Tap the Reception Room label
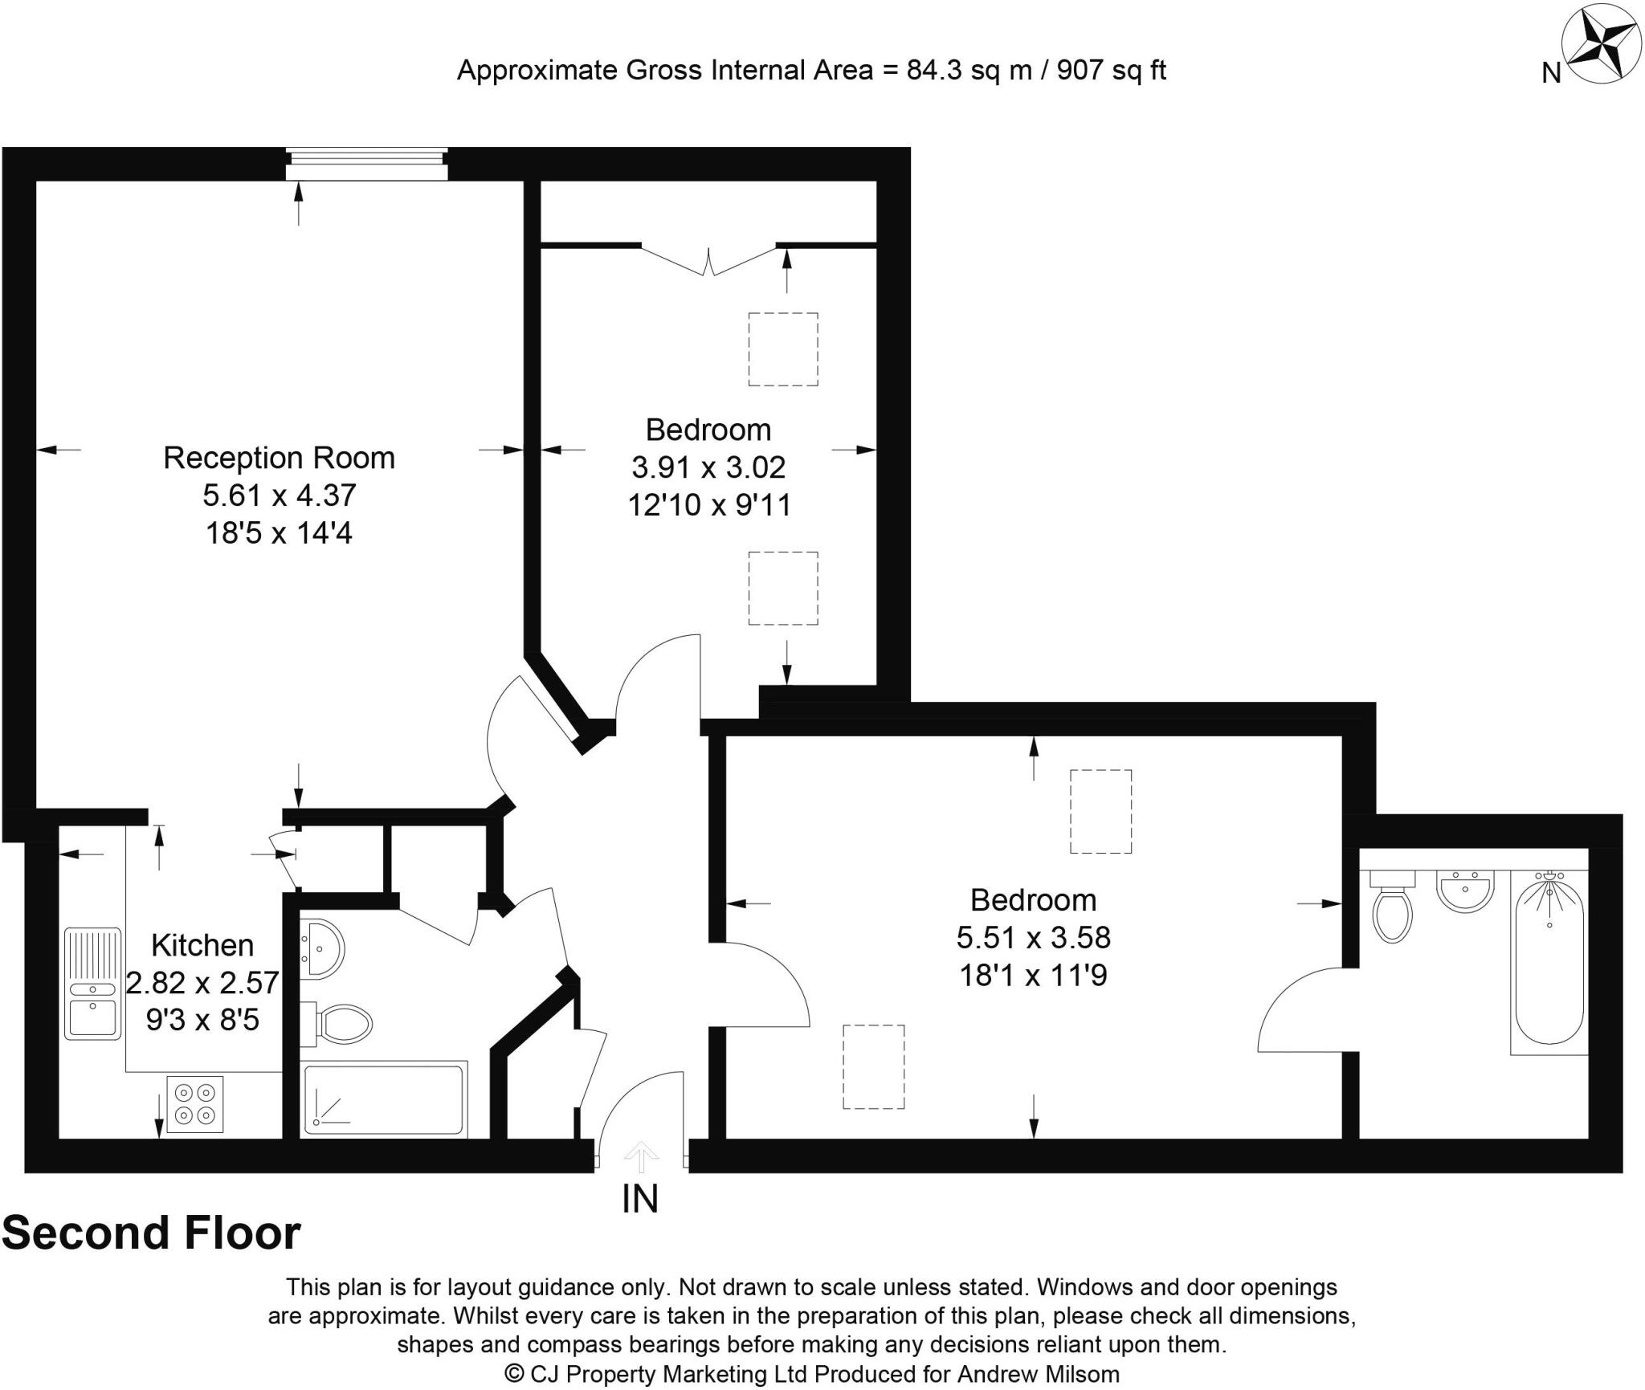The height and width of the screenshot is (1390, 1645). [279, 458]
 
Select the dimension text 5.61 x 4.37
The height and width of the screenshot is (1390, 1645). [279, 495]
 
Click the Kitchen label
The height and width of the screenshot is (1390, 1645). [202, 945]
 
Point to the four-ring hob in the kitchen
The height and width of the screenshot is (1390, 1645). [195, 1104]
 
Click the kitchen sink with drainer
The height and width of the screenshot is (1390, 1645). [92, 984]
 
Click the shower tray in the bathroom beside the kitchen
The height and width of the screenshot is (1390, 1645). [384, 1099]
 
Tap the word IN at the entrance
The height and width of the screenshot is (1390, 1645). [640, 1199]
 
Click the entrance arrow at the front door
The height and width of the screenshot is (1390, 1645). [640, 1157]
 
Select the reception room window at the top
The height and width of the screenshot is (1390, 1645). [367, 165]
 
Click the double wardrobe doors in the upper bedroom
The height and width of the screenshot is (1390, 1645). [708, 259]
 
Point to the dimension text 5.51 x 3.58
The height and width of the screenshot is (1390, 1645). [1033, 937]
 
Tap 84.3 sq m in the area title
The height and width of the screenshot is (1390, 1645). [969, 71]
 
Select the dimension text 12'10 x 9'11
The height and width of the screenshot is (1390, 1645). [709, 505]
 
